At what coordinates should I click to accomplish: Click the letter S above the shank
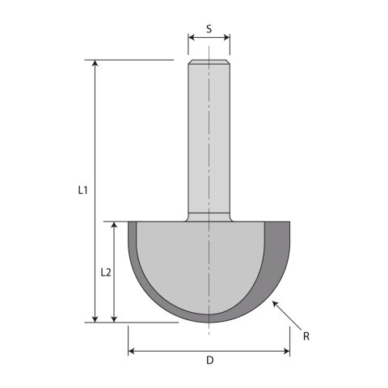[209, 29]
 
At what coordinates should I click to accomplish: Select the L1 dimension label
[82, 191]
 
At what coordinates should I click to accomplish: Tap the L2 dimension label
[106, 272]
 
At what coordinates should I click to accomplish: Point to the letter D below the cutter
[209, 361]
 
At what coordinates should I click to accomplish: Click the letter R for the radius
[306, 334]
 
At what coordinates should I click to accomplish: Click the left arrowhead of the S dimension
[191, 37]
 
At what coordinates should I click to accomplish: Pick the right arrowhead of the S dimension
[227, 37]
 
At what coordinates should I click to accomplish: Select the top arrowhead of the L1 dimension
[95, 63]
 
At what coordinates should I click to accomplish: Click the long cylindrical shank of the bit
[209, 137]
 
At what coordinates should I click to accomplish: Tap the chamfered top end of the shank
[209, 61]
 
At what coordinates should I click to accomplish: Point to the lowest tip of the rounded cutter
[209, 322]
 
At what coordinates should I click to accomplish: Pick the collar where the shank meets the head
[209, 216]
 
